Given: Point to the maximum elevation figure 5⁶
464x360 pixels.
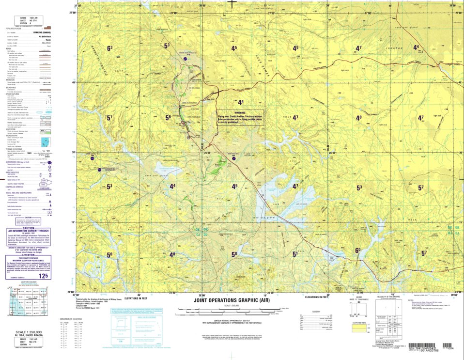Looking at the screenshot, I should (x=168, y=118).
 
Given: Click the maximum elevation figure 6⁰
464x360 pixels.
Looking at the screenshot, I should (x=358, y=250).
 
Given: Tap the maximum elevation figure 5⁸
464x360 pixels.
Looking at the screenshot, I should (x=234, y=254).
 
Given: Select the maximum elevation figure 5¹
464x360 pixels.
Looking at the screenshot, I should (x=295, y=254).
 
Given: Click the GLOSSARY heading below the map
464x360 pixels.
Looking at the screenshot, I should (x=316, y=311).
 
